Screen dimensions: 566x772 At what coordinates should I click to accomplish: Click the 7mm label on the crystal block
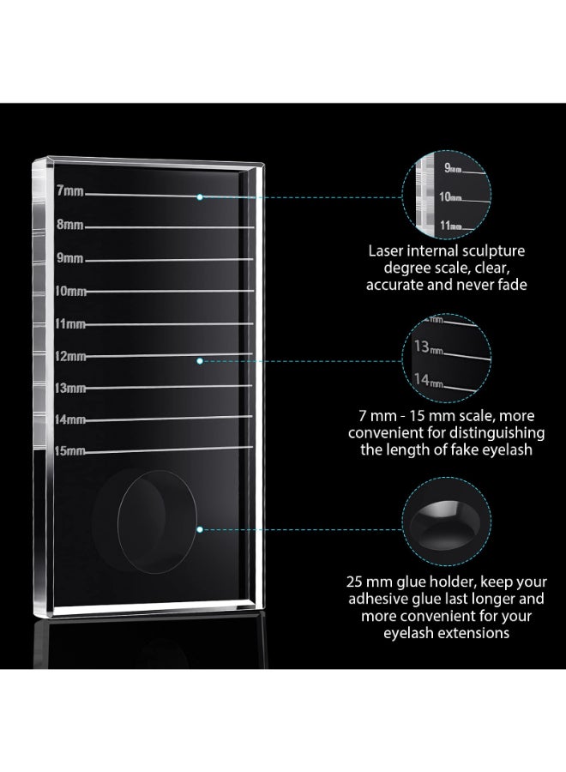click(x=69, y=190)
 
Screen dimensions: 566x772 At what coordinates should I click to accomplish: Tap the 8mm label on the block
click(x=69, y=225)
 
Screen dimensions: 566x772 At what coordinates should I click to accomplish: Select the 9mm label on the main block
click(x=69, y=257)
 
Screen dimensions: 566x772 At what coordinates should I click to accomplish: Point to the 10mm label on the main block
click(x=70, y=291)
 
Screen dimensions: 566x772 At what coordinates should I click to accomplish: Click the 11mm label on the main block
click(x=70, y=324)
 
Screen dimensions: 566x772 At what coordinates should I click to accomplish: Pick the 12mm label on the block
click(x=70, y=356)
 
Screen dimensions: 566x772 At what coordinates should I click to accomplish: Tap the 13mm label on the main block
click(x=70, y=388)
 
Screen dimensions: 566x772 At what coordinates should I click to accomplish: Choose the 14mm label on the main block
click(x=70, y=419)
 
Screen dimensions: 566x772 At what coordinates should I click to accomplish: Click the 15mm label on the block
click(x=70, y=451)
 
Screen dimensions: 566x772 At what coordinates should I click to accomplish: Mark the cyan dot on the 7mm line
click(x=200, y=197)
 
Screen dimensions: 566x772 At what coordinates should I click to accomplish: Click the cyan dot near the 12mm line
click(x=200, y=361)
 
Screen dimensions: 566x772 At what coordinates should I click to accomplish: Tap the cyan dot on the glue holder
click(x=200, y=529)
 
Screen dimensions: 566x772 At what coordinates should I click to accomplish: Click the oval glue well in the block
click(x=157, y=522)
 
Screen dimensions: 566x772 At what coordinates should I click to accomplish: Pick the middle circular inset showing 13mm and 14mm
click(x=447, y=358)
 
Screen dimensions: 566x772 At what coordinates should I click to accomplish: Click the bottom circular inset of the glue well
click(x=447, y=522)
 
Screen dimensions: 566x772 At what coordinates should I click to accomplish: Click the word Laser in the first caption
click(x=387, y=251)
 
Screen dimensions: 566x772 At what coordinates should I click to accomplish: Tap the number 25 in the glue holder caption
click(x=354, y=582)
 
